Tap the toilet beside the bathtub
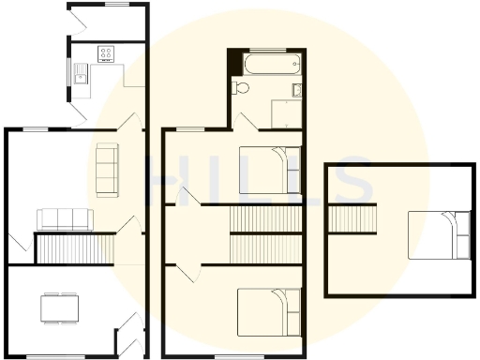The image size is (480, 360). [x=241, y=88]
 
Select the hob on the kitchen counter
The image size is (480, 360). [x=106, y=53]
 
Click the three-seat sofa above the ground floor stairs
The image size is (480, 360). [x=65, y=219]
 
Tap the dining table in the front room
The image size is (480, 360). [x=60, y=307]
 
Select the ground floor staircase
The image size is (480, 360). [x=73, y=249]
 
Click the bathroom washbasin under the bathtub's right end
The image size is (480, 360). [x=296, y=90]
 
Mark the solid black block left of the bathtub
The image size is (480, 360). [x=233, y=64]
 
